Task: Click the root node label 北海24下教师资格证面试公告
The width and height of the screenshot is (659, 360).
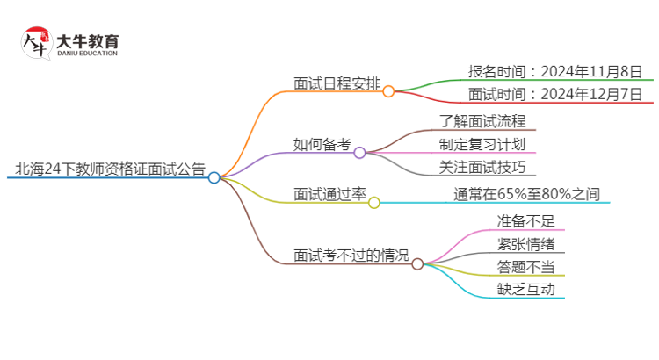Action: [110, 169]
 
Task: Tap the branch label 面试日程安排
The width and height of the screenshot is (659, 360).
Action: [337, 83]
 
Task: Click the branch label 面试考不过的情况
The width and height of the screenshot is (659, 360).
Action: [351, 256]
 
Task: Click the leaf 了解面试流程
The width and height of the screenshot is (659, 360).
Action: [482, 121]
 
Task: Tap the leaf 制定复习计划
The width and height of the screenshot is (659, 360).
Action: [482, 144]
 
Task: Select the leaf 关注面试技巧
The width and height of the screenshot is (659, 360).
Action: [482, 167]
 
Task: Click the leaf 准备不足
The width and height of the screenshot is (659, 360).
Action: [525, 220]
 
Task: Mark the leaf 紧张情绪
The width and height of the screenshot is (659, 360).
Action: [525, 243]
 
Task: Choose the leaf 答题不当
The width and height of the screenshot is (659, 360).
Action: [525, 266]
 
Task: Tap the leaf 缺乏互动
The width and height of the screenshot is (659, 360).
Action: [525, 289]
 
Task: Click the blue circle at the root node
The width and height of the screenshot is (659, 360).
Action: [214, 177]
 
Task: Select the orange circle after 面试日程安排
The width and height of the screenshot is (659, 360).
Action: [388, 90]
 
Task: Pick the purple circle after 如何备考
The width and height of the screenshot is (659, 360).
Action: [359, 153]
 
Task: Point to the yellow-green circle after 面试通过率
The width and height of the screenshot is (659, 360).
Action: [374, 203]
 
